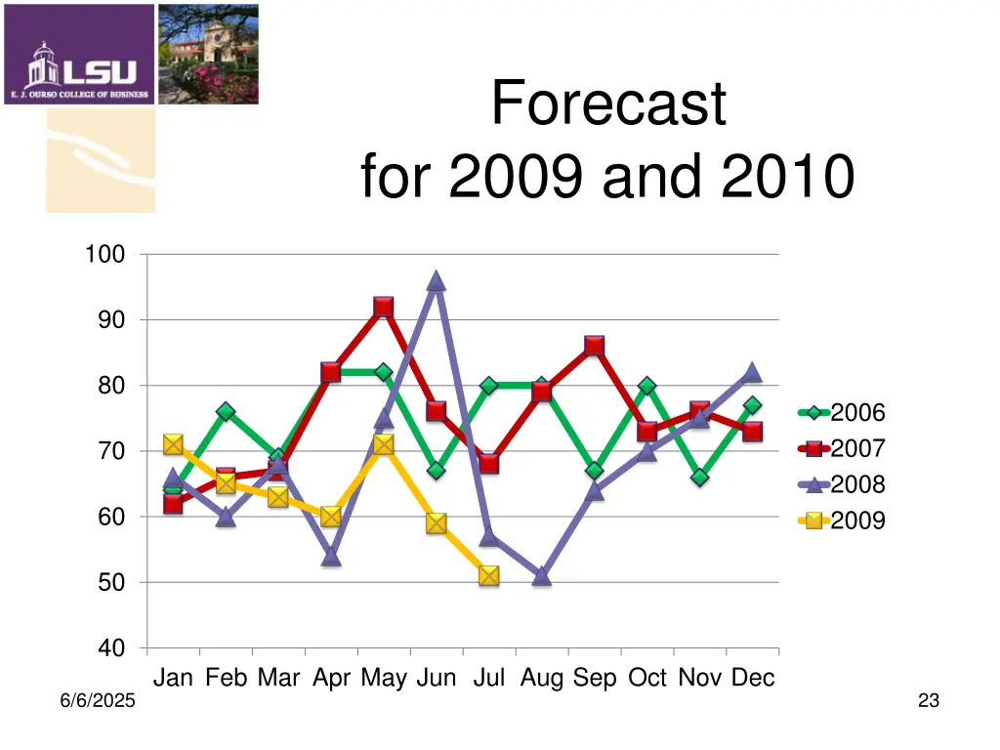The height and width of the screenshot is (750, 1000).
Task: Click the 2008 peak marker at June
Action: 436,282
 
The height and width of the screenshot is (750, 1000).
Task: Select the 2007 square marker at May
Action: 383,308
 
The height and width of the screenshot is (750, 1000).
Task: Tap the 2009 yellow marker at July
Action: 488,575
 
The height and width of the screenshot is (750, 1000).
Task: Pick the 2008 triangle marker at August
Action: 541,576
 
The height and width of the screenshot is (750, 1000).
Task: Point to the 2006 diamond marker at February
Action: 225,412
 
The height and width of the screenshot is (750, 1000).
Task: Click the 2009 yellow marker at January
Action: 173,444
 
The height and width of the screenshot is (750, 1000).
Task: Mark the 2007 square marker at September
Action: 594,347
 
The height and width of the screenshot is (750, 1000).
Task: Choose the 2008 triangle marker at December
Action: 752,373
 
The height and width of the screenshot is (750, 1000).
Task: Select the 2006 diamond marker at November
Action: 699,478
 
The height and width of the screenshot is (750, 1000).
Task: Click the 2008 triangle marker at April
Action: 330,557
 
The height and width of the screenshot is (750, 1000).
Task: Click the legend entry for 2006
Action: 842,413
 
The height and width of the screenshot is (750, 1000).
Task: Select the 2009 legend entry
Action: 842,521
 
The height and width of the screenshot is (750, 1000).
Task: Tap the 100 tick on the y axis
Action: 104,255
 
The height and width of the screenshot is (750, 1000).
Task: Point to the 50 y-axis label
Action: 110,583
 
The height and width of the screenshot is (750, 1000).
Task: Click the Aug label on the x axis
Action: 542,678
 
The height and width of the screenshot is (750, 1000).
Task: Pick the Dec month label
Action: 753,678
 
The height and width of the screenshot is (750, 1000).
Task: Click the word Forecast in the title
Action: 608,104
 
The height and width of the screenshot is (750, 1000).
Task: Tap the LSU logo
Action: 79,55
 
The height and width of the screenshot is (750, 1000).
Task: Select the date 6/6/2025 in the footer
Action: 95,701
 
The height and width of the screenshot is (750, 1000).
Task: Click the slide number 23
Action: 929,700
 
